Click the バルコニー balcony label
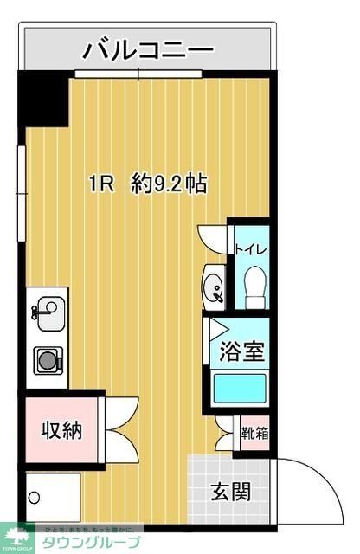click(148, 51)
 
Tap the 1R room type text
click(103, 184)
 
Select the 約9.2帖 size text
click(170, 184)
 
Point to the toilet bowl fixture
click(254, 286)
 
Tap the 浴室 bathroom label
click(235, 352)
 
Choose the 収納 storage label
click(62, 429)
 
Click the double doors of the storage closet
click(119, 429)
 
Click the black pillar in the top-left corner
click(43, 100)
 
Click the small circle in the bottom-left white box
click(35, 499)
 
